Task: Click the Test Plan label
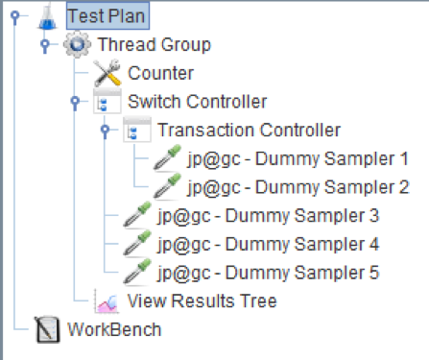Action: pyautogui.click(x=108, y=16)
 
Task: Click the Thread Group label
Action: pyautogui.click(x=154, y=44)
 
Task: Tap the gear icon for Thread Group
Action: pyautogui.click(x=77, y=44)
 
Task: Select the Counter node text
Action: pyautogui.click(x=161, y=72)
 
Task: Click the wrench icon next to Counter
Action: pyautogui.click(x=107, y=72)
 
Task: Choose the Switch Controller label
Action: pyautogui.click(x=197, y=101)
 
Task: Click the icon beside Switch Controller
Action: pyautogui.click(x=107, y=101)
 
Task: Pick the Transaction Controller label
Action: pyautogui.click(x=249, y=129)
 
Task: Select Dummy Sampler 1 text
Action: pyautogui.click(x=298, y=157)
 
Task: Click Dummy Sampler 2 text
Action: pyautogui.click(x=298, y=186)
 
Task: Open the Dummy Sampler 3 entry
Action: pyautogui.click(x=268, y=215)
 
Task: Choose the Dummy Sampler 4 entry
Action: pyautogui.click(x=268, y=244)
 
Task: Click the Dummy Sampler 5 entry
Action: pyautogui.click(x=268, y=272)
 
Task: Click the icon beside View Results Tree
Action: pyautogui.click(x=107, y=301)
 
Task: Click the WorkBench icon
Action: pyautogui.click(x=46, y=330)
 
